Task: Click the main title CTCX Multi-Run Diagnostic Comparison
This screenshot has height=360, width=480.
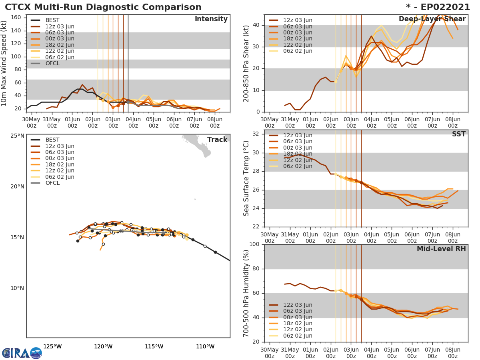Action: point(103,7)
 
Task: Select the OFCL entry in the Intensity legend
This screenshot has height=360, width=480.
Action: point(52,64)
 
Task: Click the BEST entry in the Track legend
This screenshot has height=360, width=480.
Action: point(52,140)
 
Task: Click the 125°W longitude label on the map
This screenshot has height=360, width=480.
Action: point(52,346)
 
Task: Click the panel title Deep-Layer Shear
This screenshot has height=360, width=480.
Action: point(432,19)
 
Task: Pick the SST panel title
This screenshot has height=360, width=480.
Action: point(458,134)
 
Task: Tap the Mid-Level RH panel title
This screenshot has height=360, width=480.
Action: point(441,249)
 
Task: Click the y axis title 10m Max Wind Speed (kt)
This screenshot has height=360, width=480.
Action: point(5,63)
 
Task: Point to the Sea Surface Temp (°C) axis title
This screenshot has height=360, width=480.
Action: point(246,178)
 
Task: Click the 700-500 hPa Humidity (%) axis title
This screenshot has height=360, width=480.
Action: point(246,293)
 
